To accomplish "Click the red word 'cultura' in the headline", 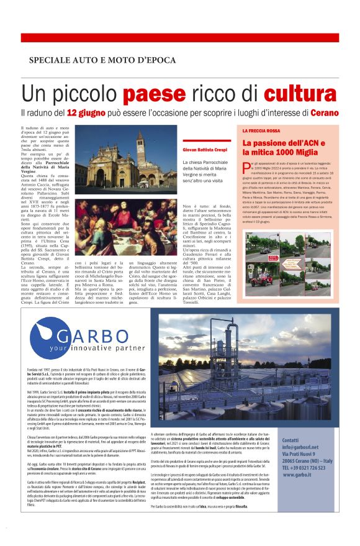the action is [296, 94].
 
